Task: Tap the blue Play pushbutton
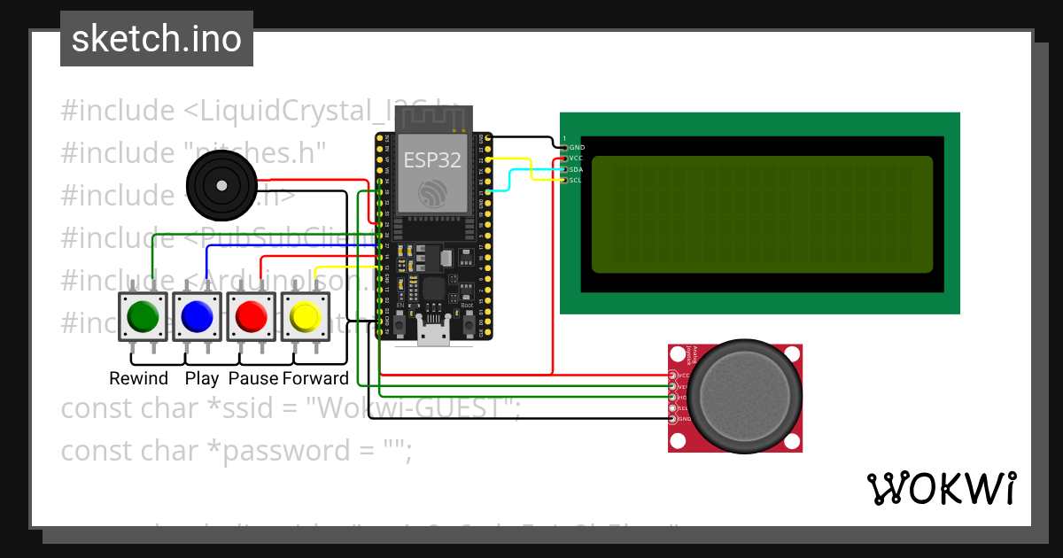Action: point(197,316)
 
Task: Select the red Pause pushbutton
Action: point(251,316)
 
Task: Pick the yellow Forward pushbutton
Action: point(306,316)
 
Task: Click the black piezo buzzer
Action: point(217,186)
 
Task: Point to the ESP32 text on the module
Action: point(431,159)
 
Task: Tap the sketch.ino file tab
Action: point(157,39)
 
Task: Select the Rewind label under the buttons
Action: point(138,379)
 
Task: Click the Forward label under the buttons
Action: point(315,379)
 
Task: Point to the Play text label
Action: point(202,379)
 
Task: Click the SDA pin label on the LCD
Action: point(576,169)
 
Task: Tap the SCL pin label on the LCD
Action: point(576,180)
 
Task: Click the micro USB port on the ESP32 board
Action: point(433,335)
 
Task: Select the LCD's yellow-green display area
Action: point(762,213)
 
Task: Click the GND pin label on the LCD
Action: point(577,147)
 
